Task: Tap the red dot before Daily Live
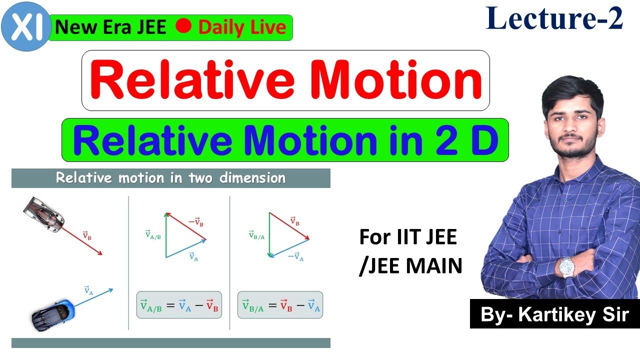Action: pos(183,26)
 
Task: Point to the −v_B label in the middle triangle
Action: pos(196,222)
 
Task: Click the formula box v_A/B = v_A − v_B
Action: pos(179,305)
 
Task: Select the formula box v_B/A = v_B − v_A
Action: pos(280,305)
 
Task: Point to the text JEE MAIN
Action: pos(410,266)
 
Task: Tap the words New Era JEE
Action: pos(111,27)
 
